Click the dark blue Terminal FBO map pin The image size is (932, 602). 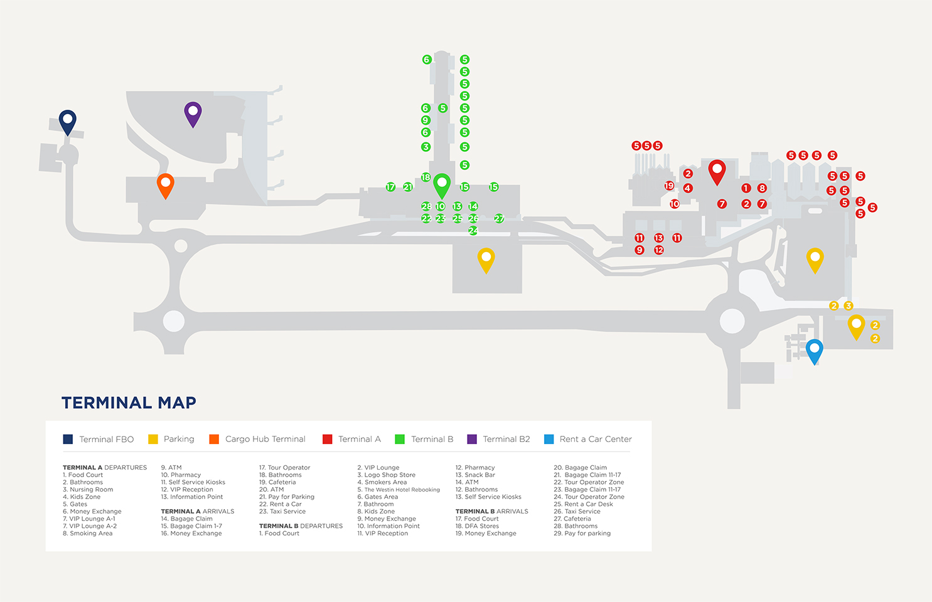[68, 120]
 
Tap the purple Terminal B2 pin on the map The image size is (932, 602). [193, 113]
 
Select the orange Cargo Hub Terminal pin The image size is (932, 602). [166, 184]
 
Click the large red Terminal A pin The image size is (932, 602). [717, 171]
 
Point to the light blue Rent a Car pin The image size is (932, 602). [814, 350]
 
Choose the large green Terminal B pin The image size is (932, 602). [442, 185]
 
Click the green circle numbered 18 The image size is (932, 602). [426, 177]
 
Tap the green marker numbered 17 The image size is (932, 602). [390, 187]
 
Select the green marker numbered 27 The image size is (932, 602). [499, 218]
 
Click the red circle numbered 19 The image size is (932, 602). [669, 186]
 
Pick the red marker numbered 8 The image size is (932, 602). [762, 188]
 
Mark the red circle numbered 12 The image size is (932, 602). [659, 250]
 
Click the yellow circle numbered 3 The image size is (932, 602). [849, 306]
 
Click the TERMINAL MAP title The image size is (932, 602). [129, 403]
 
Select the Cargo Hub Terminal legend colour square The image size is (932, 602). [214, 439]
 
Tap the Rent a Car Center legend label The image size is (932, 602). [595, 439]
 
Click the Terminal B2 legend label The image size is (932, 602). [506, 439]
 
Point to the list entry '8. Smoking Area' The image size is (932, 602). [88, 534]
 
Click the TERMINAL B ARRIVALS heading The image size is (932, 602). [491, 512]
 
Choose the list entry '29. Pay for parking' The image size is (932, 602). [582, 534]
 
